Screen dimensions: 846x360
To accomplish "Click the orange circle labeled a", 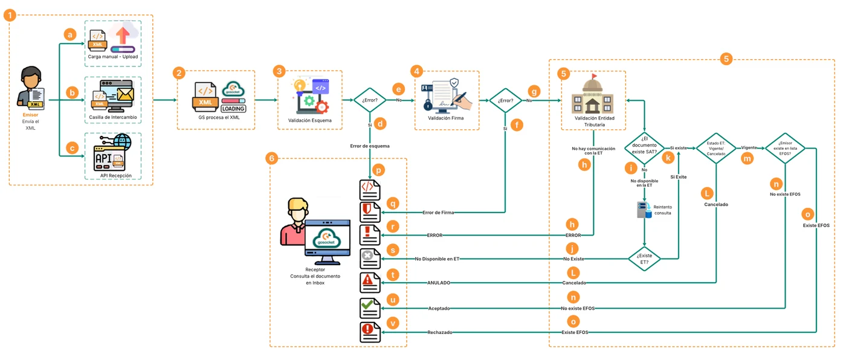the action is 70,34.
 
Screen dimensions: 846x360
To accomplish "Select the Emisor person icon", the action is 31,88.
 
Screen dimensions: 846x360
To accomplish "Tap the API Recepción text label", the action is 116,176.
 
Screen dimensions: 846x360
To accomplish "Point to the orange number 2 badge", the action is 179,73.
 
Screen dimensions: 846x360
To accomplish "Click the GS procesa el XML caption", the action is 219,117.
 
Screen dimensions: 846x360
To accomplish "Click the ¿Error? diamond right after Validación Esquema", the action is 370,100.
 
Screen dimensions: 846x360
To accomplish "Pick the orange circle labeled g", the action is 534,91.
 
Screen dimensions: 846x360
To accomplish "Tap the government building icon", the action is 592,94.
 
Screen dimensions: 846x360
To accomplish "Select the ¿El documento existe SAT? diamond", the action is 644,148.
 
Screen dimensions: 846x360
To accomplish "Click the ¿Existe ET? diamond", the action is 644,259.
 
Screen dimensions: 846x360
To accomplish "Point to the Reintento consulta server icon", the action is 644,210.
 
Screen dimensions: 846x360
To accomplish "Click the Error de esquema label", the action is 370,146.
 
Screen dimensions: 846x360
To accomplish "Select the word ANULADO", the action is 439,283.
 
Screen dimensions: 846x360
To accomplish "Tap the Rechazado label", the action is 440,332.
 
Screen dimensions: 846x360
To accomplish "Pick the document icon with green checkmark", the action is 370,308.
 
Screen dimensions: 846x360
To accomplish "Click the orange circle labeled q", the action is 393,204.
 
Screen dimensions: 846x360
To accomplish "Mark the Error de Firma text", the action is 438,213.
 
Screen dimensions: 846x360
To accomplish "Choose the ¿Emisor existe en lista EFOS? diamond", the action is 785,149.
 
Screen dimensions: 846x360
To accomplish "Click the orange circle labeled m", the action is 747,159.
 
